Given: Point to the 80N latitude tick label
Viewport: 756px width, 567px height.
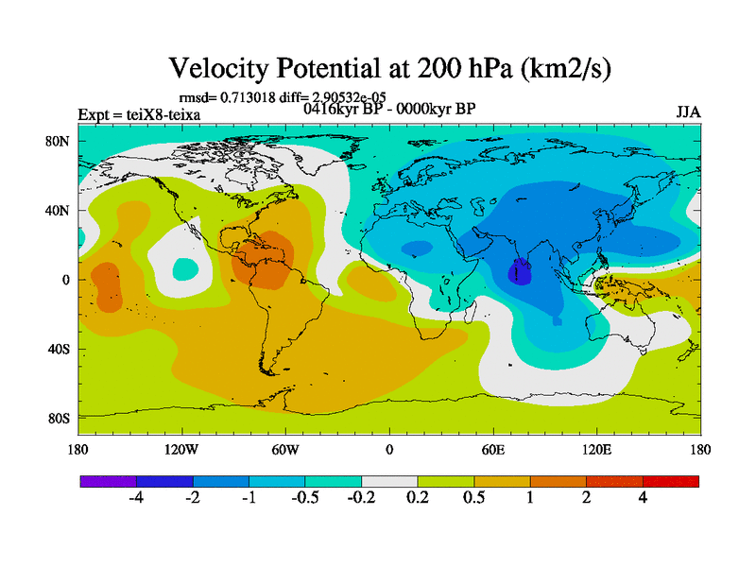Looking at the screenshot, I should tap(60, 141).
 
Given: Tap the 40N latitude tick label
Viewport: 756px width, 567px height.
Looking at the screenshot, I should tap(60, 210).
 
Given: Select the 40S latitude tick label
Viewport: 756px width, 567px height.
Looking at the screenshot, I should tap(60, 349).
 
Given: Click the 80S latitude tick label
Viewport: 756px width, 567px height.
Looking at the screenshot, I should tap(60, 418).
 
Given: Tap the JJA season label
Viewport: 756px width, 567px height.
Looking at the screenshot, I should tap(688, 112).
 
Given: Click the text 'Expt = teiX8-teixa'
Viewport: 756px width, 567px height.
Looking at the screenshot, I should tap(139, 115).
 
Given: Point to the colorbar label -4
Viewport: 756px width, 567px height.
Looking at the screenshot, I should tap(136, 498).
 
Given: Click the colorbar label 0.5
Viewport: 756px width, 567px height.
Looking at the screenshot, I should tap(474, 498).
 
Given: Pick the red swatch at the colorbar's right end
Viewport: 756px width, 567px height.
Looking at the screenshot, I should tap(671, 481).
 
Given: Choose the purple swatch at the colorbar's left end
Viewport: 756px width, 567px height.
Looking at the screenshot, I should tap(108, 481).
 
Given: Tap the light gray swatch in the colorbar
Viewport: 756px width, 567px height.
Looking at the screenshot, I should tap(389, 481).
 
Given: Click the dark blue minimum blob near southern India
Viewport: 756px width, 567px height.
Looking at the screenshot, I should tap(520, 273).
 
